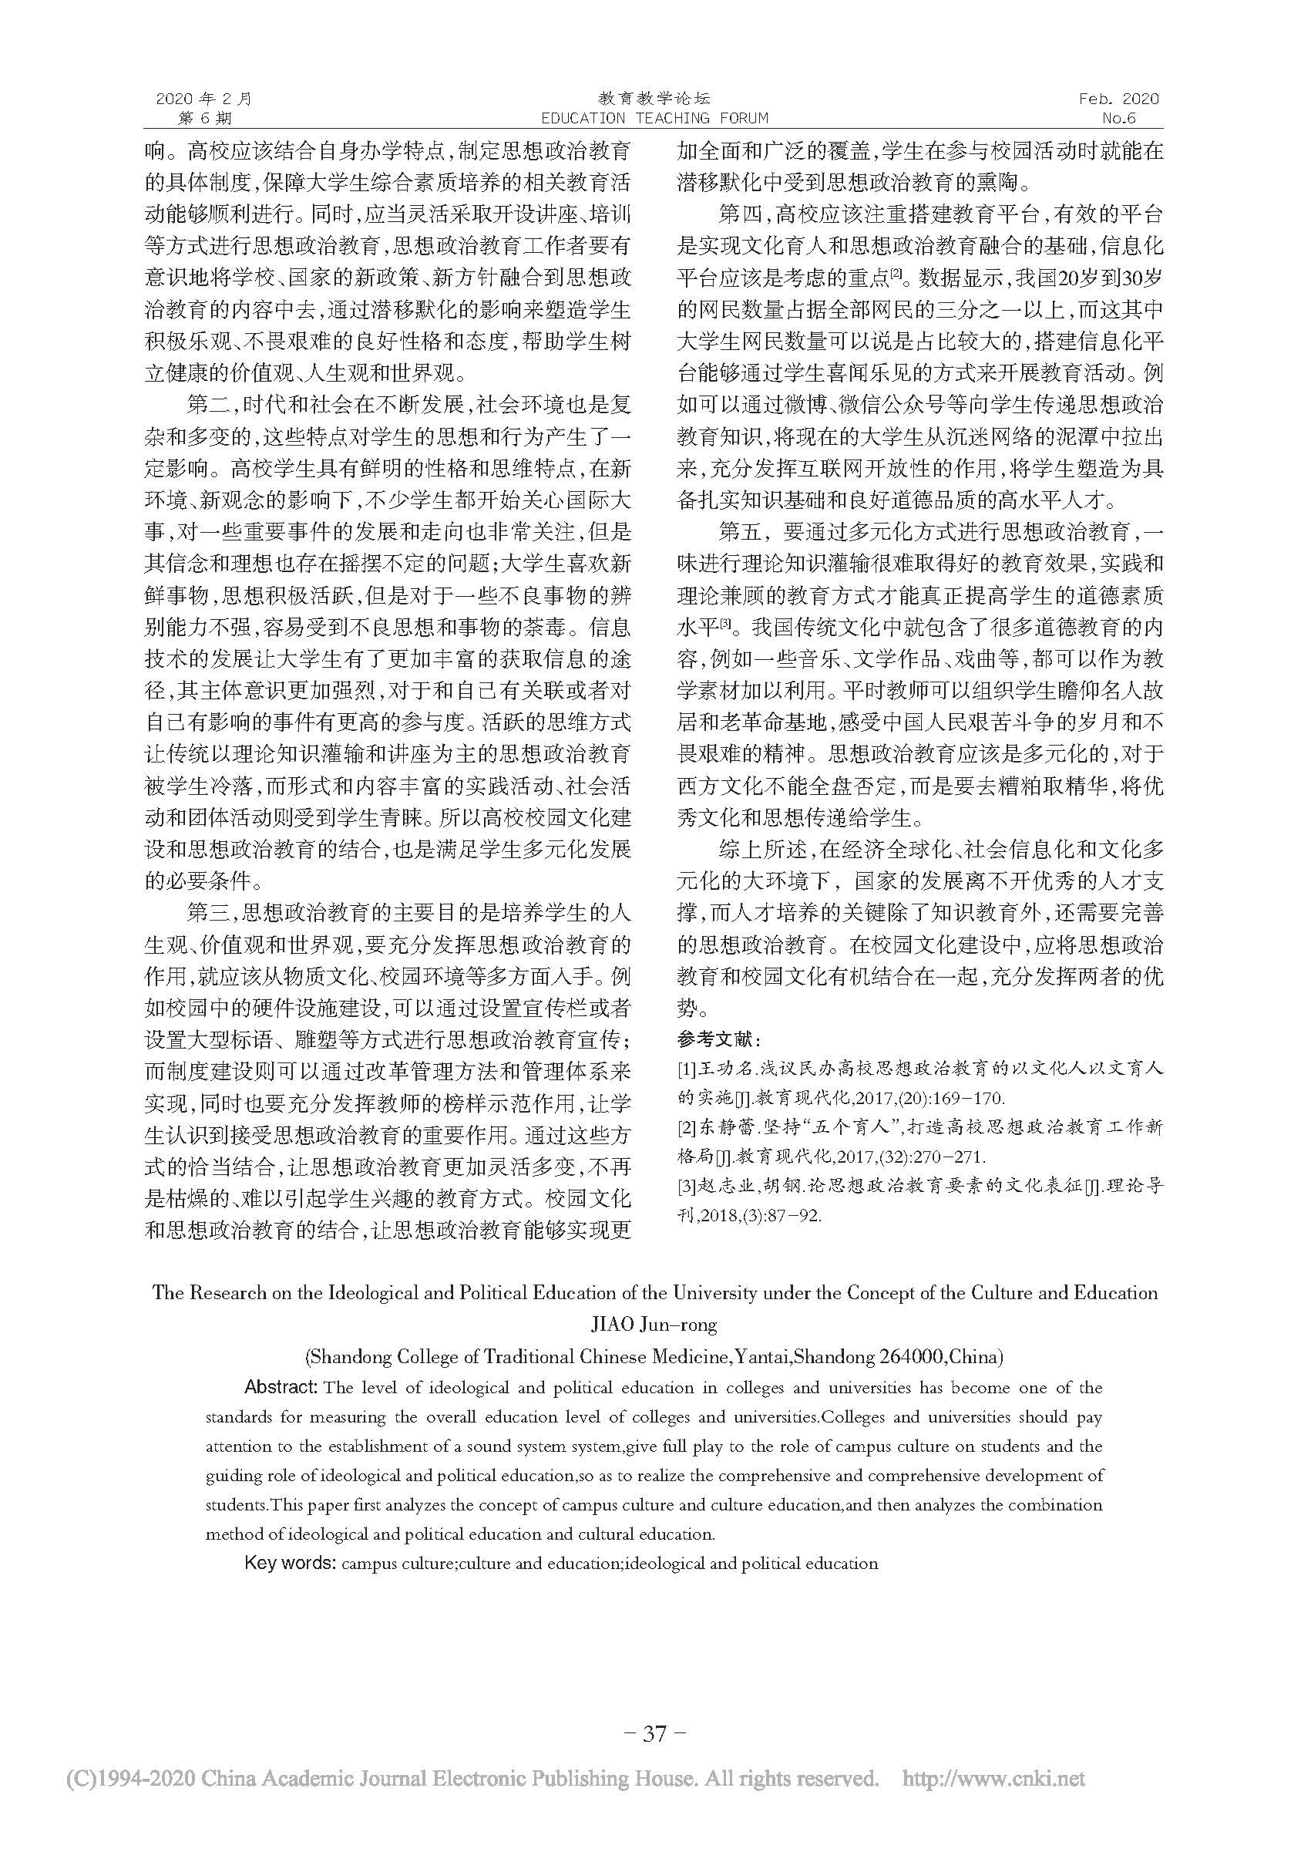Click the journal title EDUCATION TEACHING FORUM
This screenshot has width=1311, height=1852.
coord(654,119)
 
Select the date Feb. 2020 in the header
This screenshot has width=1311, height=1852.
coord(1118,99)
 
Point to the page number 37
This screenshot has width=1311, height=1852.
coord(654,1733)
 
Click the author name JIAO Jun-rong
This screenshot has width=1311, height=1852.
coord(654,1325)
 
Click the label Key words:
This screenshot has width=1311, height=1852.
coord(290,1563)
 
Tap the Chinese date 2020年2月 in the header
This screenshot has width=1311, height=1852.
coord(203,99)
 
